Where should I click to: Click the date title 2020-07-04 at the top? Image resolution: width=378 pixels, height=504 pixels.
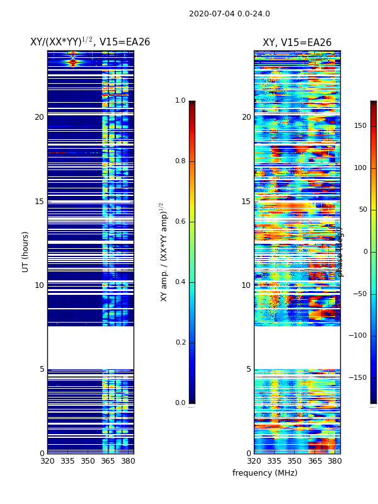coord(229,14)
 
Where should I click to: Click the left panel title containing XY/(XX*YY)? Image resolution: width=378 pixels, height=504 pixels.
coord(90,42)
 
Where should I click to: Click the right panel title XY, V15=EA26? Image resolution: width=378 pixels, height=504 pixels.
coord(297,43)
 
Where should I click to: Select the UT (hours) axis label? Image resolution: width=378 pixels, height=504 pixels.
coord(26,251)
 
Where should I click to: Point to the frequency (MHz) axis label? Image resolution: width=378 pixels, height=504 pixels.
coord(265,473)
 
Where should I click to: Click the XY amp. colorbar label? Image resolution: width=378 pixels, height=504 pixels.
coord(164,251)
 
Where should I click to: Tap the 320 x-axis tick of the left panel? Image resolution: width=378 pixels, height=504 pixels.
coord(47,461)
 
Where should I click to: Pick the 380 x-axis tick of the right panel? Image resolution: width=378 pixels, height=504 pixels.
coord(335,461)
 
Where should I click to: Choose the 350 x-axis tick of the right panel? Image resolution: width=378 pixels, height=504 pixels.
coord(294,461)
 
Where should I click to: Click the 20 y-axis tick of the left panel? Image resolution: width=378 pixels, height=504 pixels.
coord(39,117)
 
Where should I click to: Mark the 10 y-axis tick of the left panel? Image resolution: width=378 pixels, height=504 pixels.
coord(39,285)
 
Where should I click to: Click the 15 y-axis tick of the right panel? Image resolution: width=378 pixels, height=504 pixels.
coord(246,202)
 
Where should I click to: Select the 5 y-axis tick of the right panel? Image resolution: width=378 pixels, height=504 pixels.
coord(248,369)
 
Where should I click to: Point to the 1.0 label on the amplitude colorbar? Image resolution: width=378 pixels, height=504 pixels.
coord(180,101)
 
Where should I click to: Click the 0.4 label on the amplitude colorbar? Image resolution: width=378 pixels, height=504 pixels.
coord(180,282)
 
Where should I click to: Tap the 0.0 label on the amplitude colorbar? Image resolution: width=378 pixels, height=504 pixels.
coord(180,403)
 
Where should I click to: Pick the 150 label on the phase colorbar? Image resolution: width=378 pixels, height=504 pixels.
coord(360,126)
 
